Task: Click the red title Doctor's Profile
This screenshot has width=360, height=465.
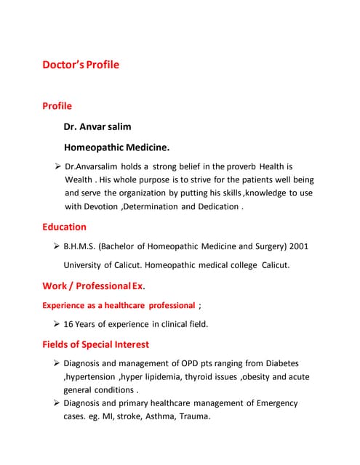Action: [x=81, y=65]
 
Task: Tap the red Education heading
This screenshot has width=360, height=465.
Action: [x=64, y=227]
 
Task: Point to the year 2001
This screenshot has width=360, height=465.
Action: [x=299, y=246]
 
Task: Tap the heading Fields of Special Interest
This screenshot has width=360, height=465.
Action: [x=96, y=344]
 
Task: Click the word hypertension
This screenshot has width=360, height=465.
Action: [x=90, y=376]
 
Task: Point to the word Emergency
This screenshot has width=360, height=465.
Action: [x=273, y=403]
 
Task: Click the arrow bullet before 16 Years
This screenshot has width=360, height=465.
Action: [x=56, y=324]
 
